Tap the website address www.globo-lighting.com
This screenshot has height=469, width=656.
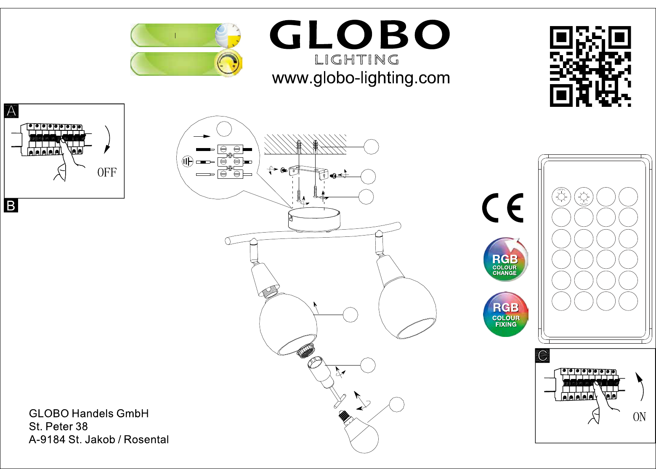361,78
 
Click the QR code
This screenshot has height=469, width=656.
590,66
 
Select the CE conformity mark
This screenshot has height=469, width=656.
503,207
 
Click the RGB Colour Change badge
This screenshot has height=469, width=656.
505,260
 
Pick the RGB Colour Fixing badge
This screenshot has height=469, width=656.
506,315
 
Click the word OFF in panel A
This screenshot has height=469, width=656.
107,172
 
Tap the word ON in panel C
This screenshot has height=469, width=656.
639,417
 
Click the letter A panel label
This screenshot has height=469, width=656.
11,111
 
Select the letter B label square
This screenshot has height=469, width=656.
11,206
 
